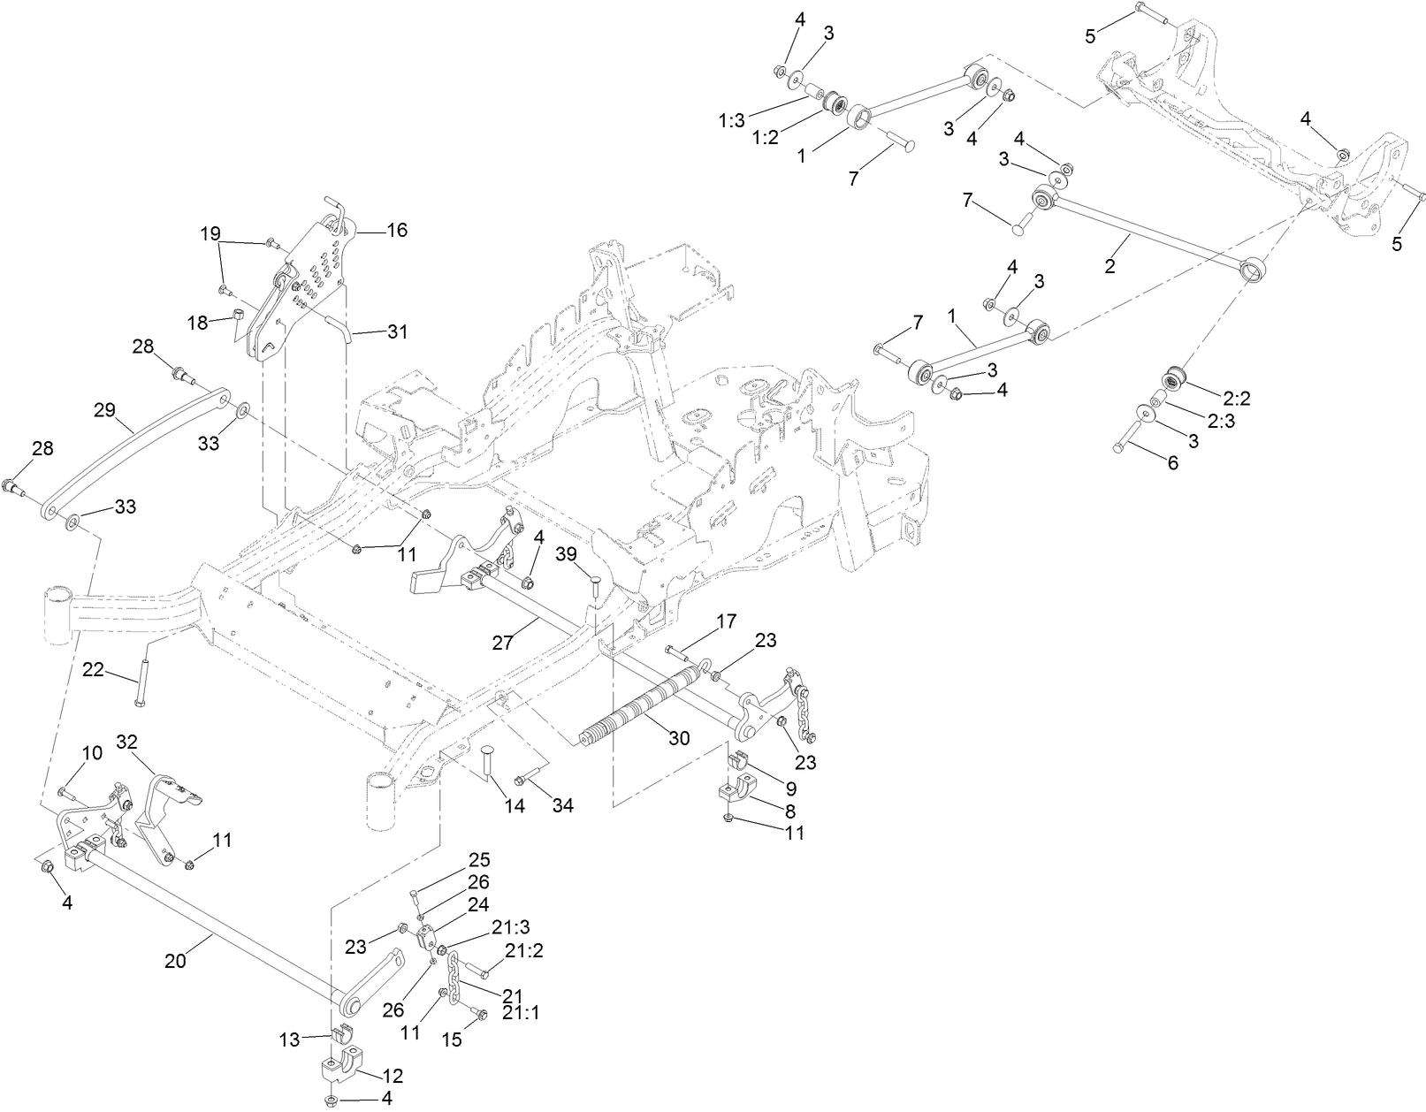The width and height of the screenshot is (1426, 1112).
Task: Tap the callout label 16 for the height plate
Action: (x=397, y=230)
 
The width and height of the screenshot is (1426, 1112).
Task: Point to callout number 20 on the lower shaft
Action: (x=176, y=962)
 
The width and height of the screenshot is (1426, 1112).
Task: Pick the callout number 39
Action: (x=566, y=553)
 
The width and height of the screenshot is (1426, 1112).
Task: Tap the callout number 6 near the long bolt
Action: (x=1173, y=462)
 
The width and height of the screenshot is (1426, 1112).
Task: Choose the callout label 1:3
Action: (x=732, y=121)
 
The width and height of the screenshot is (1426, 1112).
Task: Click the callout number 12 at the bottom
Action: (x=393, y=1076)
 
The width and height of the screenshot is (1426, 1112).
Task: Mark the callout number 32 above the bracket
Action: (x=128, y=741)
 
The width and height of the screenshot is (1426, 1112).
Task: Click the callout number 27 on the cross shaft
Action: (x=503, y=643)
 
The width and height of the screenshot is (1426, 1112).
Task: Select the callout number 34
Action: (x=563, y=806)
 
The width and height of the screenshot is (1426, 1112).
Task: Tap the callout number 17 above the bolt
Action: (x=726, y=621)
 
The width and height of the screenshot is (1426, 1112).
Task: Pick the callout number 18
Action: (x=198, y=323)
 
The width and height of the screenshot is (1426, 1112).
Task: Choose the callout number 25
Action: (x=479, y=859)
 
